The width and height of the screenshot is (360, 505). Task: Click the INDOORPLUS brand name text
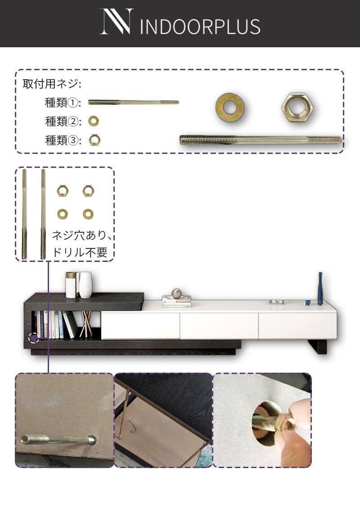pos(200,27)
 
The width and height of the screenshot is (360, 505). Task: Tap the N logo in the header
pos(116,21)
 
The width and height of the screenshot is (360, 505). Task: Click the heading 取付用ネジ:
pos(52,84)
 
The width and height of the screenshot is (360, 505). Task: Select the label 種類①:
pos(63,103)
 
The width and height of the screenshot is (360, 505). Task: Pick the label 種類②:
pos(63,122)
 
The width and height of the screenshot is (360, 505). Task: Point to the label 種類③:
pos(63,140)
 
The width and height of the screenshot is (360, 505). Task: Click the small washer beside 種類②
pos(94,121)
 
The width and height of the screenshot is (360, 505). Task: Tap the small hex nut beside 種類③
pos(94,140)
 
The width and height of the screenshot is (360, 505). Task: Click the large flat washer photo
pos(229,108)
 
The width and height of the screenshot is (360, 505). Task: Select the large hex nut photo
pos(297,108)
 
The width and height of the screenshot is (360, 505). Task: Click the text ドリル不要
pos(80,252)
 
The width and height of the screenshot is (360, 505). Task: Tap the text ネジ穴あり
pos(79,235)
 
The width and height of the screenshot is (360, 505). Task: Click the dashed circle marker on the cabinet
pos(34,338)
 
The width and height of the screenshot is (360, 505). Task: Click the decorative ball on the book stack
pos(176,293)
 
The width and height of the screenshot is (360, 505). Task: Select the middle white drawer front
pos(219,325)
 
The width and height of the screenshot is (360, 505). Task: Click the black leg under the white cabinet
pos(318,347)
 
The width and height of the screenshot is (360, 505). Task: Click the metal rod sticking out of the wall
pos(58,439)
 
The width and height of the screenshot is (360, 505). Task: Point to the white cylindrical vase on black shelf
pos(85,285)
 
